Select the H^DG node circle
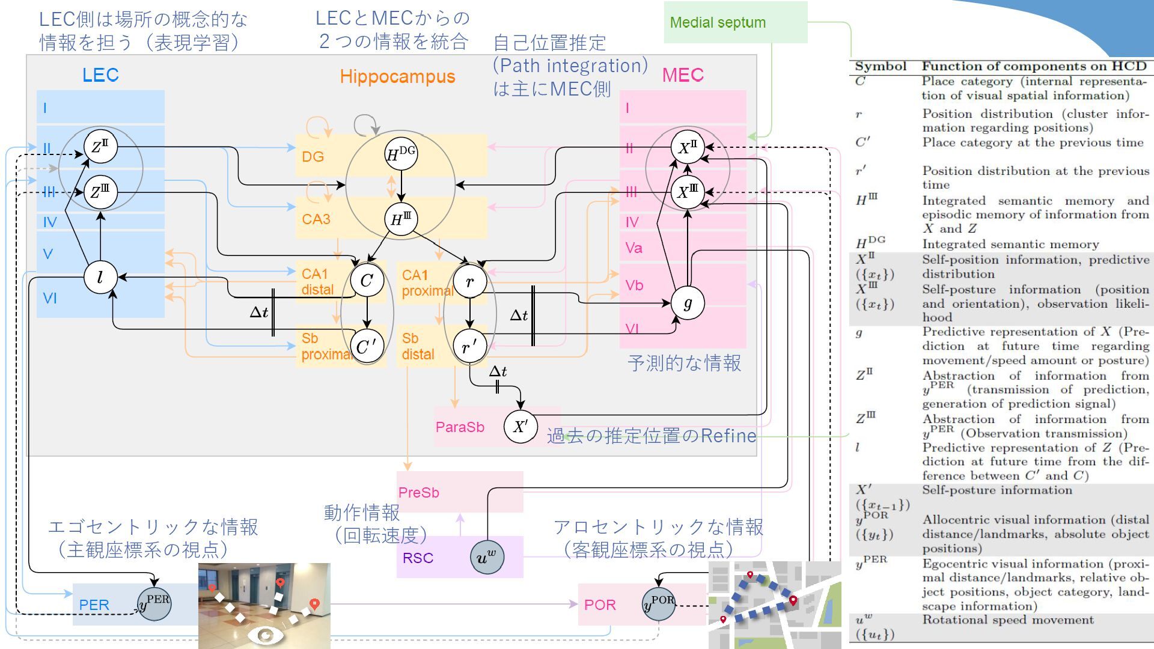tap(401, 154)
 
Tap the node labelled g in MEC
tap(687, 302)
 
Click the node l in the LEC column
tap(100, 277)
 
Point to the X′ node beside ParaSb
tap(520, 427)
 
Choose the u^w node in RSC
tap(486, 556)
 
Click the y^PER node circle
tap(154, 603)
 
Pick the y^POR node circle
tap(659, 603)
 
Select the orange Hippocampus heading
tap(397, 76)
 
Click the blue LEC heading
tap(100, 75)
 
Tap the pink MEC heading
tap(682, 75)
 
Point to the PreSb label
tap(418, 493)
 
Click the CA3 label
tap(316, 219)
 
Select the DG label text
tap(313, 157)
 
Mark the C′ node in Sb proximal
tap(367, 346)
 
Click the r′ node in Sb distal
tap(470, 346)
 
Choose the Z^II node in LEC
tap(100, 147)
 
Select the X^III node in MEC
tap(688, 192)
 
